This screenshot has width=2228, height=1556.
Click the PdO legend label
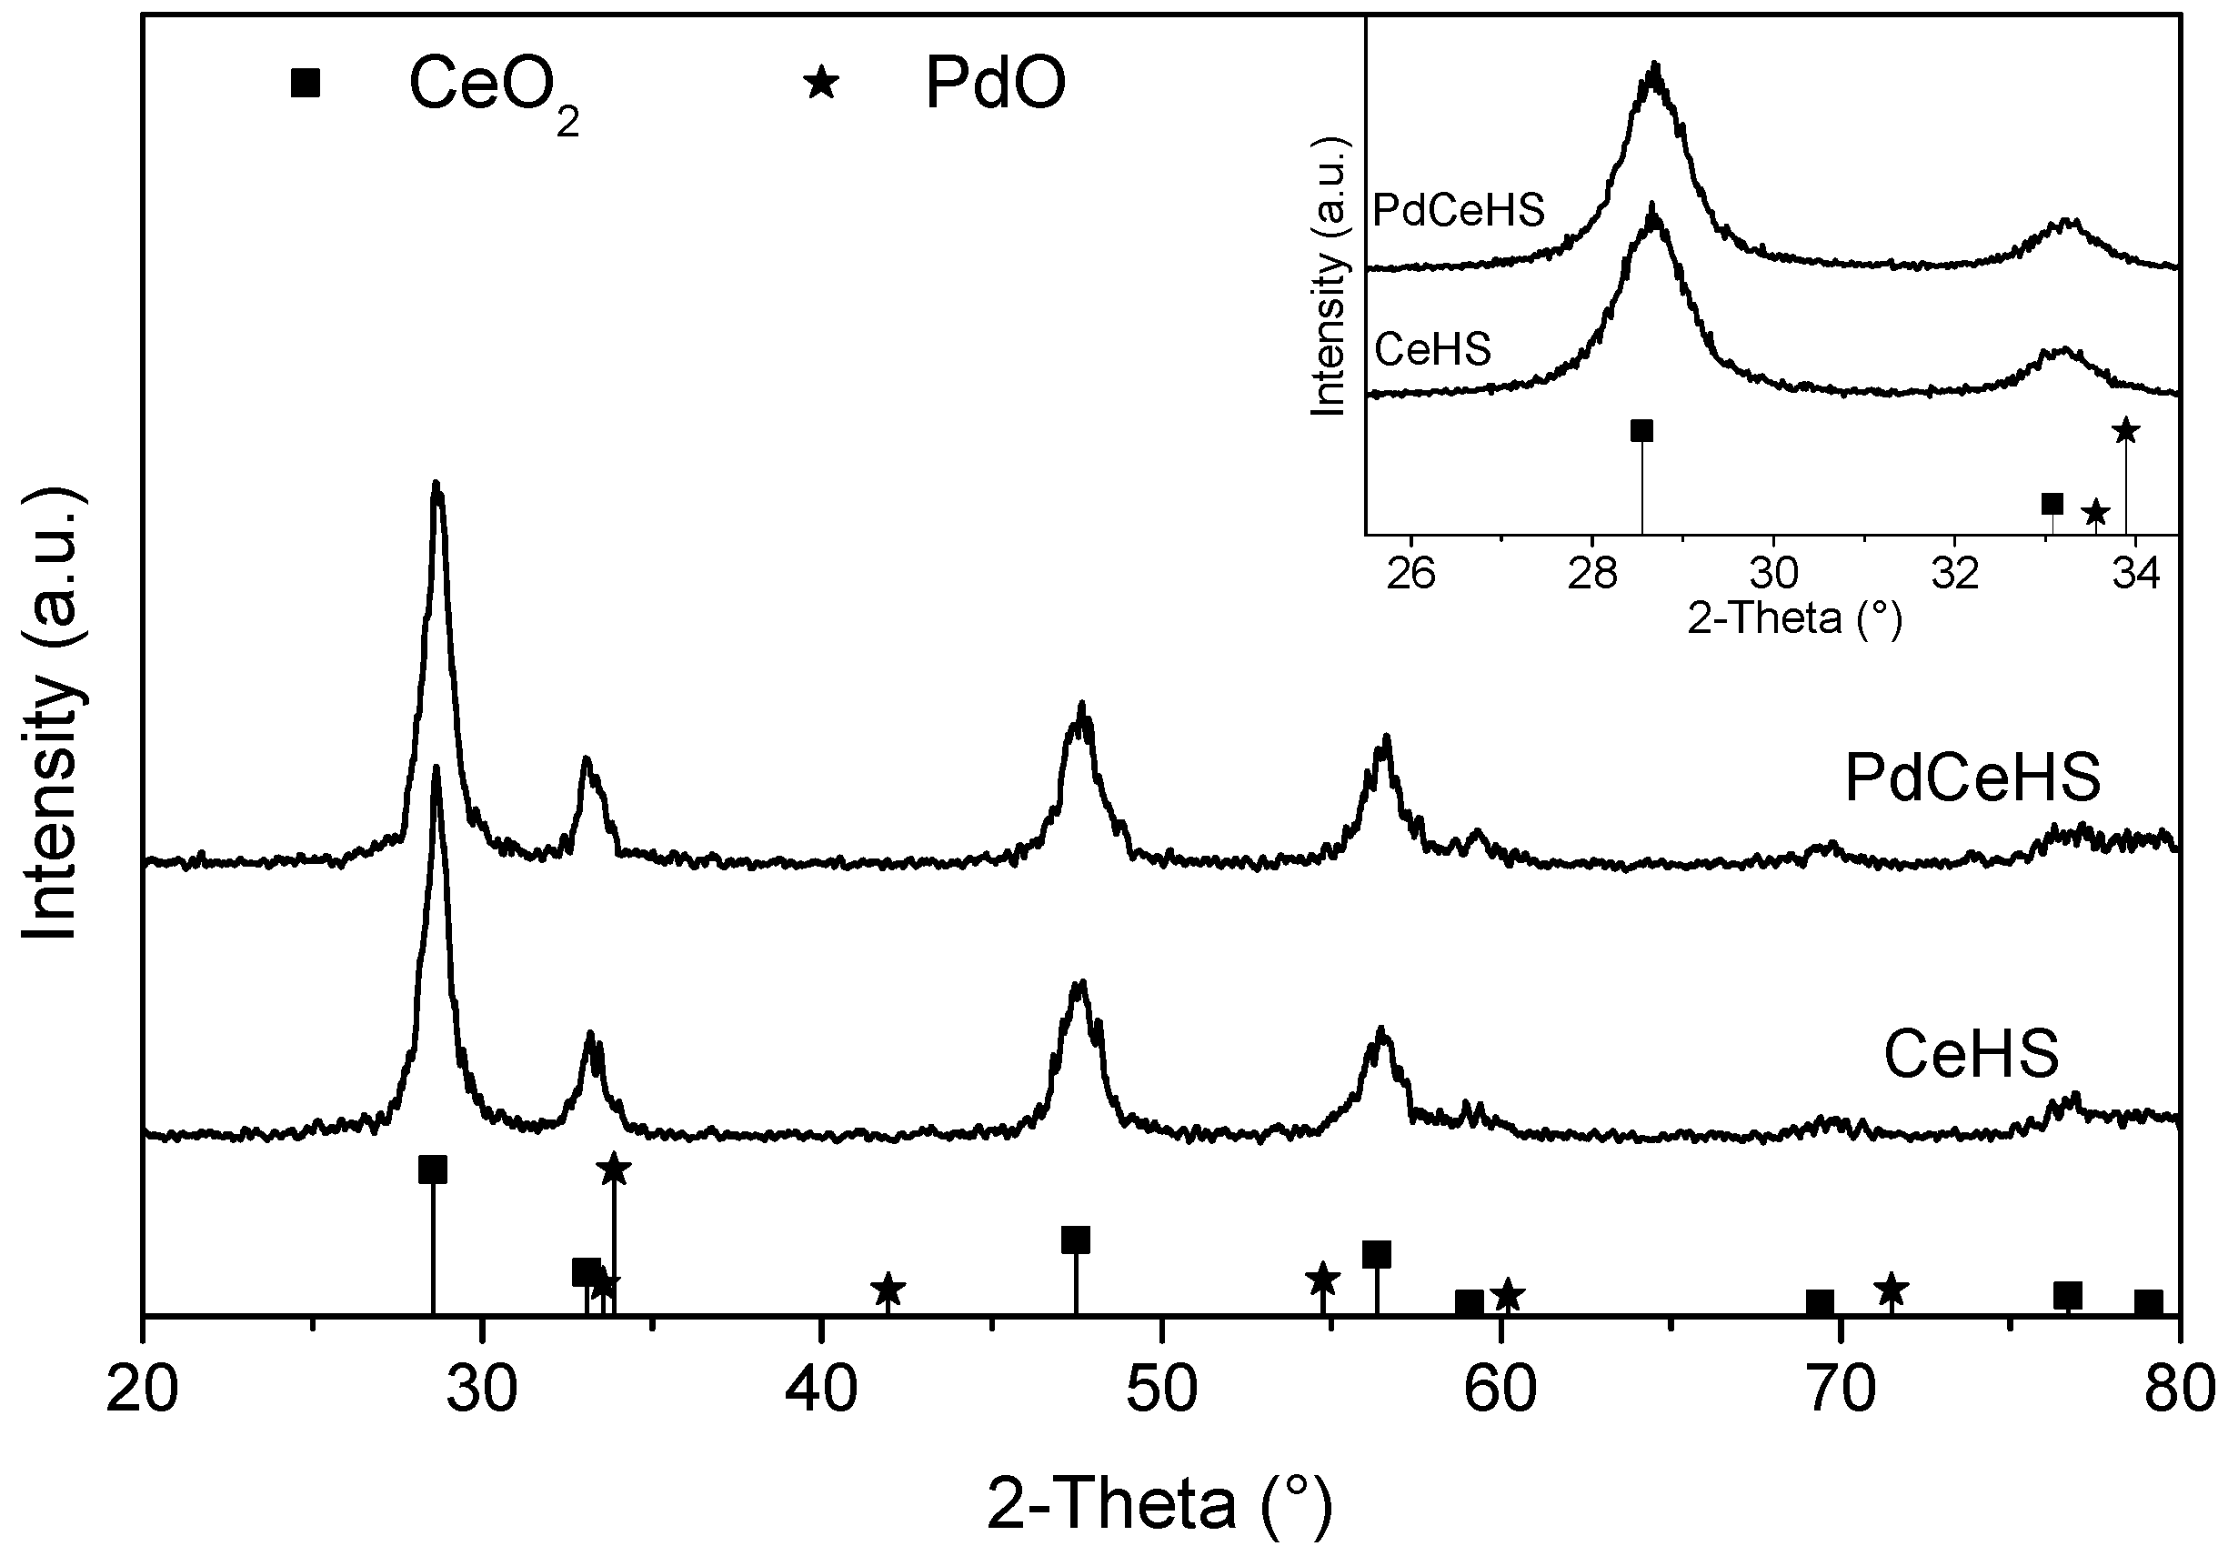pyautogui.click(x=995, y=84)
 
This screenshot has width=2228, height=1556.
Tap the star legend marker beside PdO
pyautogui.click(x=821, y=83)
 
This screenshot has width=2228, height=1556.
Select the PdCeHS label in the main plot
pyautogui.click(x=1972, y=778)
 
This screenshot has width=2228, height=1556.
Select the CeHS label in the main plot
pyautogui.click(x=1971, y=1055)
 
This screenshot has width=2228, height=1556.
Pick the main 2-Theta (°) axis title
pyautogui.click(x=1159, y=1504)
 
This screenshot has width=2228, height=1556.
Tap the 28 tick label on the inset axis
pyautogui.click(x=1591, y=574)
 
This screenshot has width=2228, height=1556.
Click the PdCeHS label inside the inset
pyautogui.click(x=1459, y=210)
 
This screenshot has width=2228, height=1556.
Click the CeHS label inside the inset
pyautogui.click(x=1432, y=349)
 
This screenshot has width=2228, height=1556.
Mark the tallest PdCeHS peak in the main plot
pyautogui.click(x=437, y=486)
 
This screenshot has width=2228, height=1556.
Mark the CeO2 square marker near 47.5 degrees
pyautogui.click(x=1075, y=1240)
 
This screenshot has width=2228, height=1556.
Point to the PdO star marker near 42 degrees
pyautogui.click(x=888, y=1291)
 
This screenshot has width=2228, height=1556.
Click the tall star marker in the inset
pyautogui.click(x=2125, y=430)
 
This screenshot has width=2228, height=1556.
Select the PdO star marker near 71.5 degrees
pyautogui.click(x=1892, y=1290)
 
